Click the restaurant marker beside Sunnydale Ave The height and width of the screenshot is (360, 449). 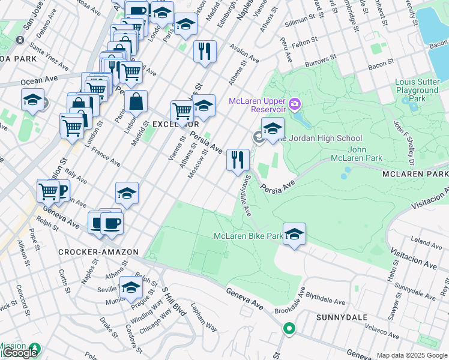tap(238, 160)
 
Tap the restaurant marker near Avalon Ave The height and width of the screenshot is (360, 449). tap(205, 51)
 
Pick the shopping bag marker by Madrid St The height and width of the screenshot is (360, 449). tap(136, 103)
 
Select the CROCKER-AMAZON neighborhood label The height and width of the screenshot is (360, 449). tap(98, 252)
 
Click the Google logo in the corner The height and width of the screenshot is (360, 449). tap(19, 353)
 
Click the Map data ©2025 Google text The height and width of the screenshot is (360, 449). tap(411, 355)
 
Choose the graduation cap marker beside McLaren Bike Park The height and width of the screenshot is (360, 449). tap(294, 234)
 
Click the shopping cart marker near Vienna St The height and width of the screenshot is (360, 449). tap(182, 111)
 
